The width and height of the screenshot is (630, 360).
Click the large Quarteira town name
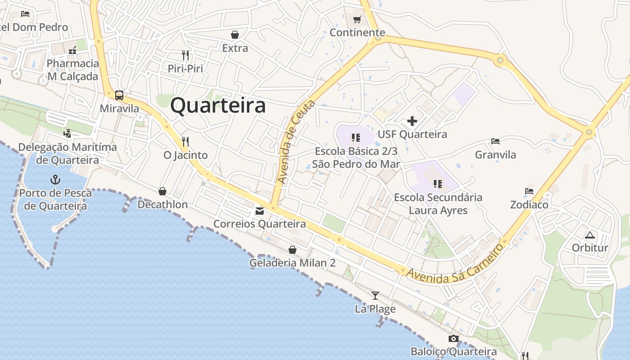[x=218, y=106]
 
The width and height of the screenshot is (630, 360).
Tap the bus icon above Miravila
[x=119, y=95]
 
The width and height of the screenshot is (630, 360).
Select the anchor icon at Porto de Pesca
[x=55, y=180]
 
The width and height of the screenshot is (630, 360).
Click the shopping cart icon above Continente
[x=357, y=19]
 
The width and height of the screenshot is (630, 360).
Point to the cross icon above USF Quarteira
[x=412, y=121]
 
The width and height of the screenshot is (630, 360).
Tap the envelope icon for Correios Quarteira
[x=260, y=211]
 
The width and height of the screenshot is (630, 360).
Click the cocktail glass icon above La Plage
[x=375, y=296]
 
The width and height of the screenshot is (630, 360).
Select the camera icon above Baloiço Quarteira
[x=453, y=338]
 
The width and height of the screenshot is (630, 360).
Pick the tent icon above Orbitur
[x=589, y=235]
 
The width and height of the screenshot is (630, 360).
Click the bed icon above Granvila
[x=495, y=141]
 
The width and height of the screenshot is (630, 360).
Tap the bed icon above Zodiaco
[x=529, y=191]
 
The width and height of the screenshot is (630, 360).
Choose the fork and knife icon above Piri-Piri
[x=185, y=55]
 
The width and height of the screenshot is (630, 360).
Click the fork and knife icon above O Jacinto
[x=185, y=141]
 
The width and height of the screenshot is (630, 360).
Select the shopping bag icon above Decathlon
[x=162, y=191]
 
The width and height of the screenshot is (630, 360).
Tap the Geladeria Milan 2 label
[x=292, y=263]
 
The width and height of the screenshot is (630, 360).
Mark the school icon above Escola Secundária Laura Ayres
[x=437, y=184]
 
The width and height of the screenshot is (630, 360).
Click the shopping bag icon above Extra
[x=235, y=34]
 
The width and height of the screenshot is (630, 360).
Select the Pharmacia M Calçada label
[x=72, y=70]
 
